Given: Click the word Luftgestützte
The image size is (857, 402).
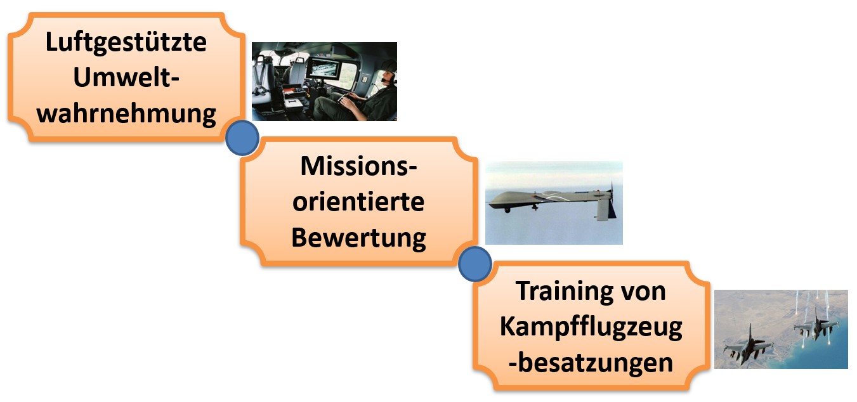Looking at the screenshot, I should pyautogui.click(x=126, y=43).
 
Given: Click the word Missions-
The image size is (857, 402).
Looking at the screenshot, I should pyautogui.click(x=359, y=167).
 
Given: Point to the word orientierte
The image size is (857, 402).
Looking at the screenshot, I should pyautogui.click(x=358, y=202).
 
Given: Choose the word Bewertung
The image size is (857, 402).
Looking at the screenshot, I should pyautogui.click(x=358, y=238).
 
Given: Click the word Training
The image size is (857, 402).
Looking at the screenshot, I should pyautogui.click(x=556, y=291).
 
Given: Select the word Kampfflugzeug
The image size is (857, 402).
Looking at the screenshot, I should pyautogui.click(x=591, y=327).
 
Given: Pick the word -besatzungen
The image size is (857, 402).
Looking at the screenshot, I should pyautogui.click(x=591, y=363).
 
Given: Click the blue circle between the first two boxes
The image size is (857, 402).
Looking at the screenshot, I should pyautogui.click(x=242, y=138).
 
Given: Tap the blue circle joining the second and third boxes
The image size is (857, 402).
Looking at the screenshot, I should pyautogui.click(x=474, y=264).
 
